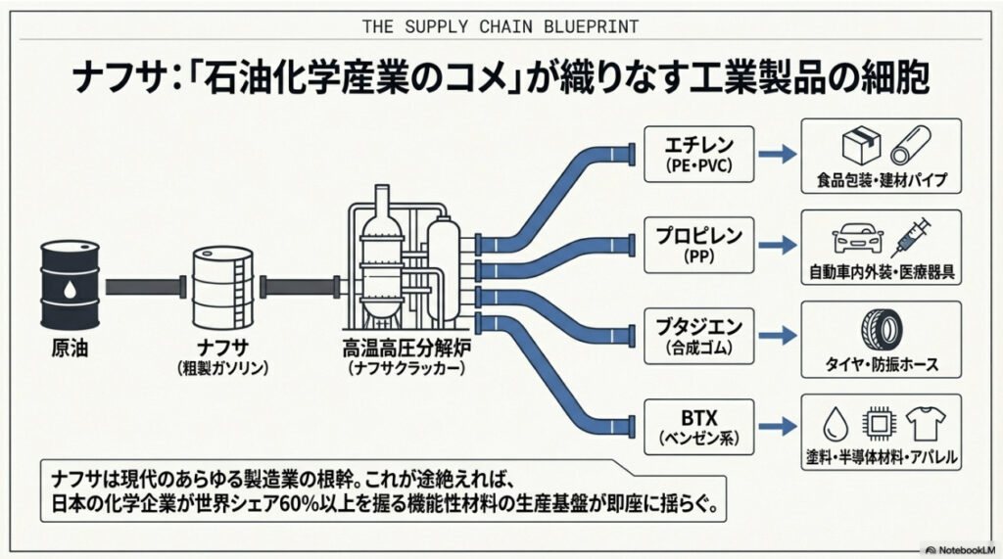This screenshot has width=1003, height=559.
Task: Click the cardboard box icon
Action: click(858, 148)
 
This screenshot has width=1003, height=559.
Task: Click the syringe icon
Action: click(912, 236)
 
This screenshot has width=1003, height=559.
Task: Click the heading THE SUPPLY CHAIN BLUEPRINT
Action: click(501, 25)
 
